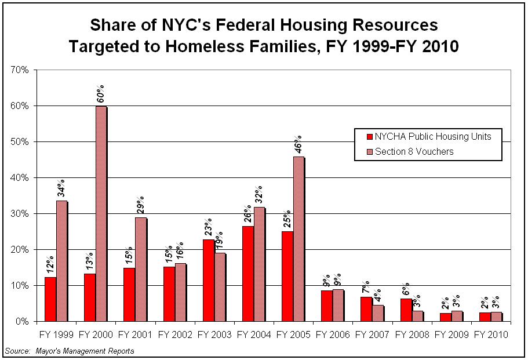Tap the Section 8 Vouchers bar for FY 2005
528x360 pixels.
coord(299,239)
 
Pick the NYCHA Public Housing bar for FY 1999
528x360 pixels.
coord(50,299)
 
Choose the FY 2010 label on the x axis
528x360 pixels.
coord(490,335)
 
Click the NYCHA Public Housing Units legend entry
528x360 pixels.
coord(432,137)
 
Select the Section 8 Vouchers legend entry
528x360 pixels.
coord(414,152)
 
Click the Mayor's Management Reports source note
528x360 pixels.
coord(69,351)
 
